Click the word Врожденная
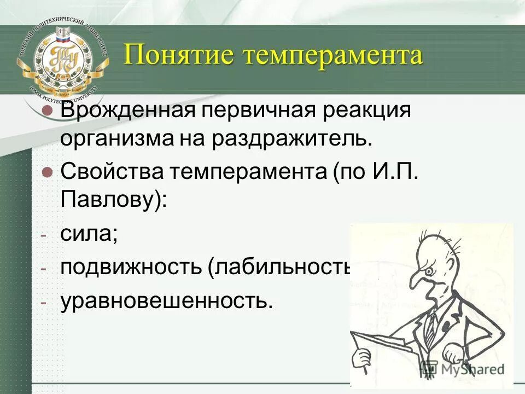(x=128, y=109)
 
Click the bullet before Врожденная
(x=47, y=110)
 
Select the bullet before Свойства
(x=47, y=172)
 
